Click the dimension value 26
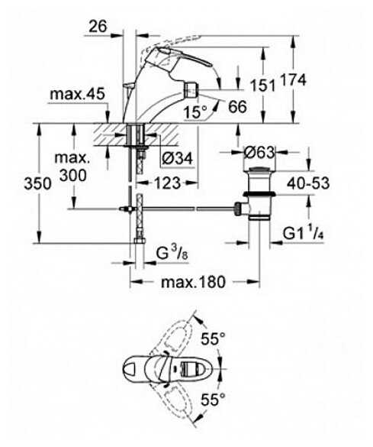click(98, 27)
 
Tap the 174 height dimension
click(294, 79)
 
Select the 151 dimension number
click(262, 85)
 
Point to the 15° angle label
click(195, 112)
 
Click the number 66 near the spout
click(237, 107)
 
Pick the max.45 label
click(77, 93)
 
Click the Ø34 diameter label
click(177, 158)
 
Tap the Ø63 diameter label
click(259, 153)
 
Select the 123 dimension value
click(167, 183)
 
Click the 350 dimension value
click(37, 183)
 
